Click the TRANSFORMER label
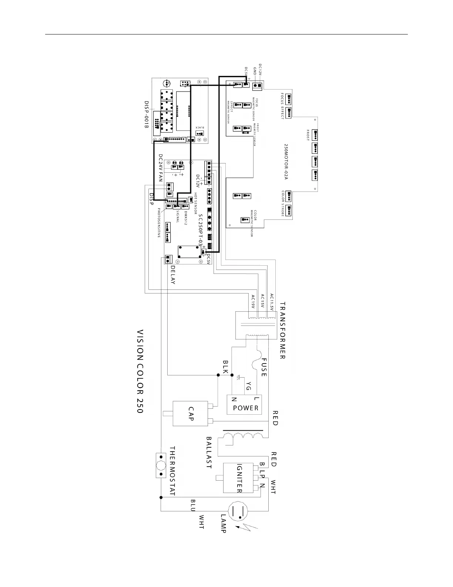pos(282,331)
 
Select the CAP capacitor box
pos(190,413)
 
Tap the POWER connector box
pos(245,405)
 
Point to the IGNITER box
pos(239,478)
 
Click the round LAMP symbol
pos(237,512)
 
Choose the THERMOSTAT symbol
pos(161,465)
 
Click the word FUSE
pos(264,367)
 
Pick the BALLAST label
pos(209,452)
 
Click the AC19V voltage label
pos(253,302)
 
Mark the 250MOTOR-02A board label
pos(286,161)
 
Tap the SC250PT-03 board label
pos(201,229)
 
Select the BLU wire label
pos(193,505)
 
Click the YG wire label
pos(249,386)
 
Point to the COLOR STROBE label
pos(283,204)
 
